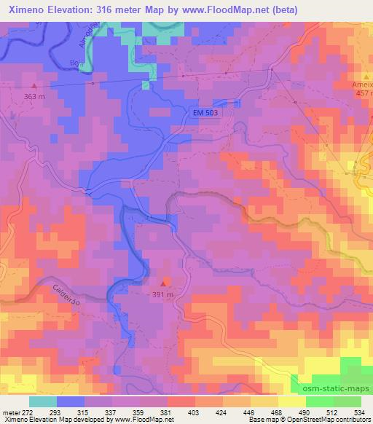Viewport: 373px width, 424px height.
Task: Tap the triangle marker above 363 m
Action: [33, 85]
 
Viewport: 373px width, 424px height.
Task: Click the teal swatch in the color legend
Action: [43, 401]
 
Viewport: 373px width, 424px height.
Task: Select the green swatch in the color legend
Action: [319, 401]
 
